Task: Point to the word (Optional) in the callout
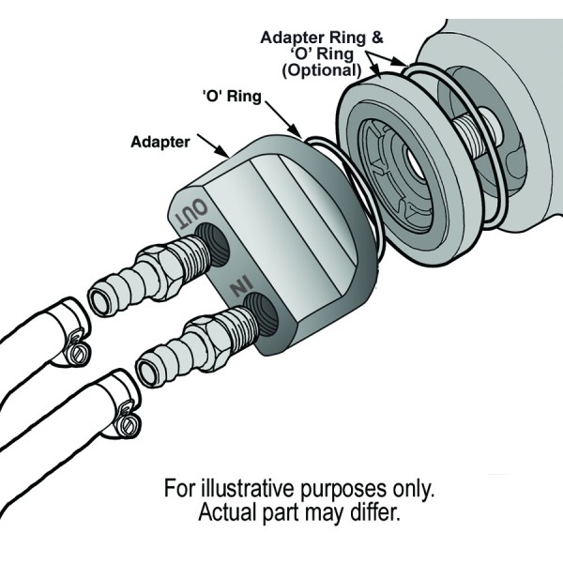pos(322,69)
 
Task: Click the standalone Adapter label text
pos(160,143)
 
